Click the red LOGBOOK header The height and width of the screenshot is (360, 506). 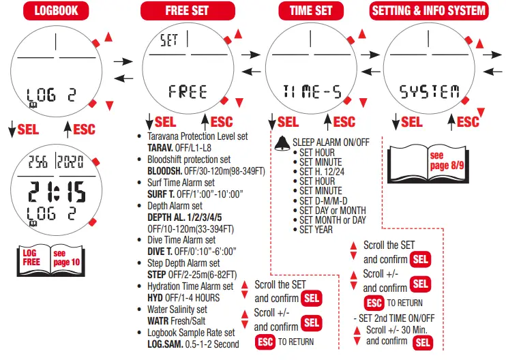click(x=57, y=10)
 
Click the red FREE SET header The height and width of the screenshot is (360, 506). click(x=188, y=10)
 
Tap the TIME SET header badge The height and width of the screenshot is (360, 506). click(x=311, y=10)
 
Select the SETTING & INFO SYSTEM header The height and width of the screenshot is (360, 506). click(x=429, y=10)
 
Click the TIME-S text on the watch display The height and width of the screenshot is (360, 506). click(x=312, y=92)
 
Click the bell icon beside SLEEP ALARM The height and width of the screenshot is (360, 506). click(x=281, y=143)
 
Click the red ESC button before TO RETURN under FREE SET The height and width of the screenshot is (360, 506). click(x=265, y=342)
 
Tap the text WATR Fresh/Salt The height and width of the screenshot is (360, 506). click(x=177, y=320)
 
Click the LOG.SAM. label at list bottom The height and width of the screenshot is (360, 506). click(x=166, y=344)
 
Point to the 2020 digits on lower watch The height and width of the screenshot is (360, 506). click(x=70, y=162)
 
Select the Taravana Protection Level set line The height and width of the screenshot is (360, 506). click(x=197, y=136)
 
